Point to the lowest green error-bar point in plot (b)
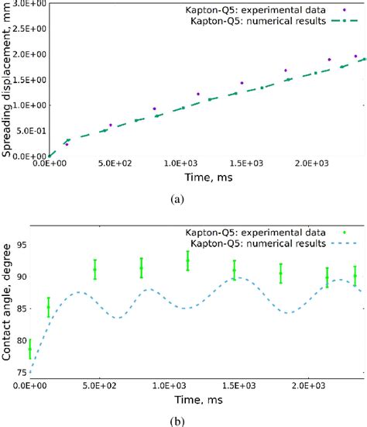[30, 350]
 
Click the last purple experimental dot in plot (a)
[355, 57]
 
